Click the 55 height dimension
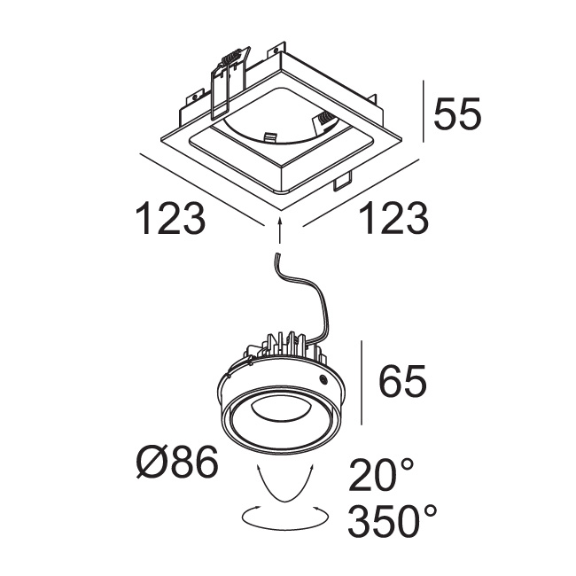(457, 113)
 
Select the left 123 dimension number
(170, 218)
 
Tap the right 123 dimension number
(393, 218)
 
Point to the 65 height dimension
(402, 381)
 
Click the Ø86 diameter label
(177, 462)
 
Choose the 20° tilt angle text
(381, 475)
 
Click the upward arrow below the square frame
(280, 230)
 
